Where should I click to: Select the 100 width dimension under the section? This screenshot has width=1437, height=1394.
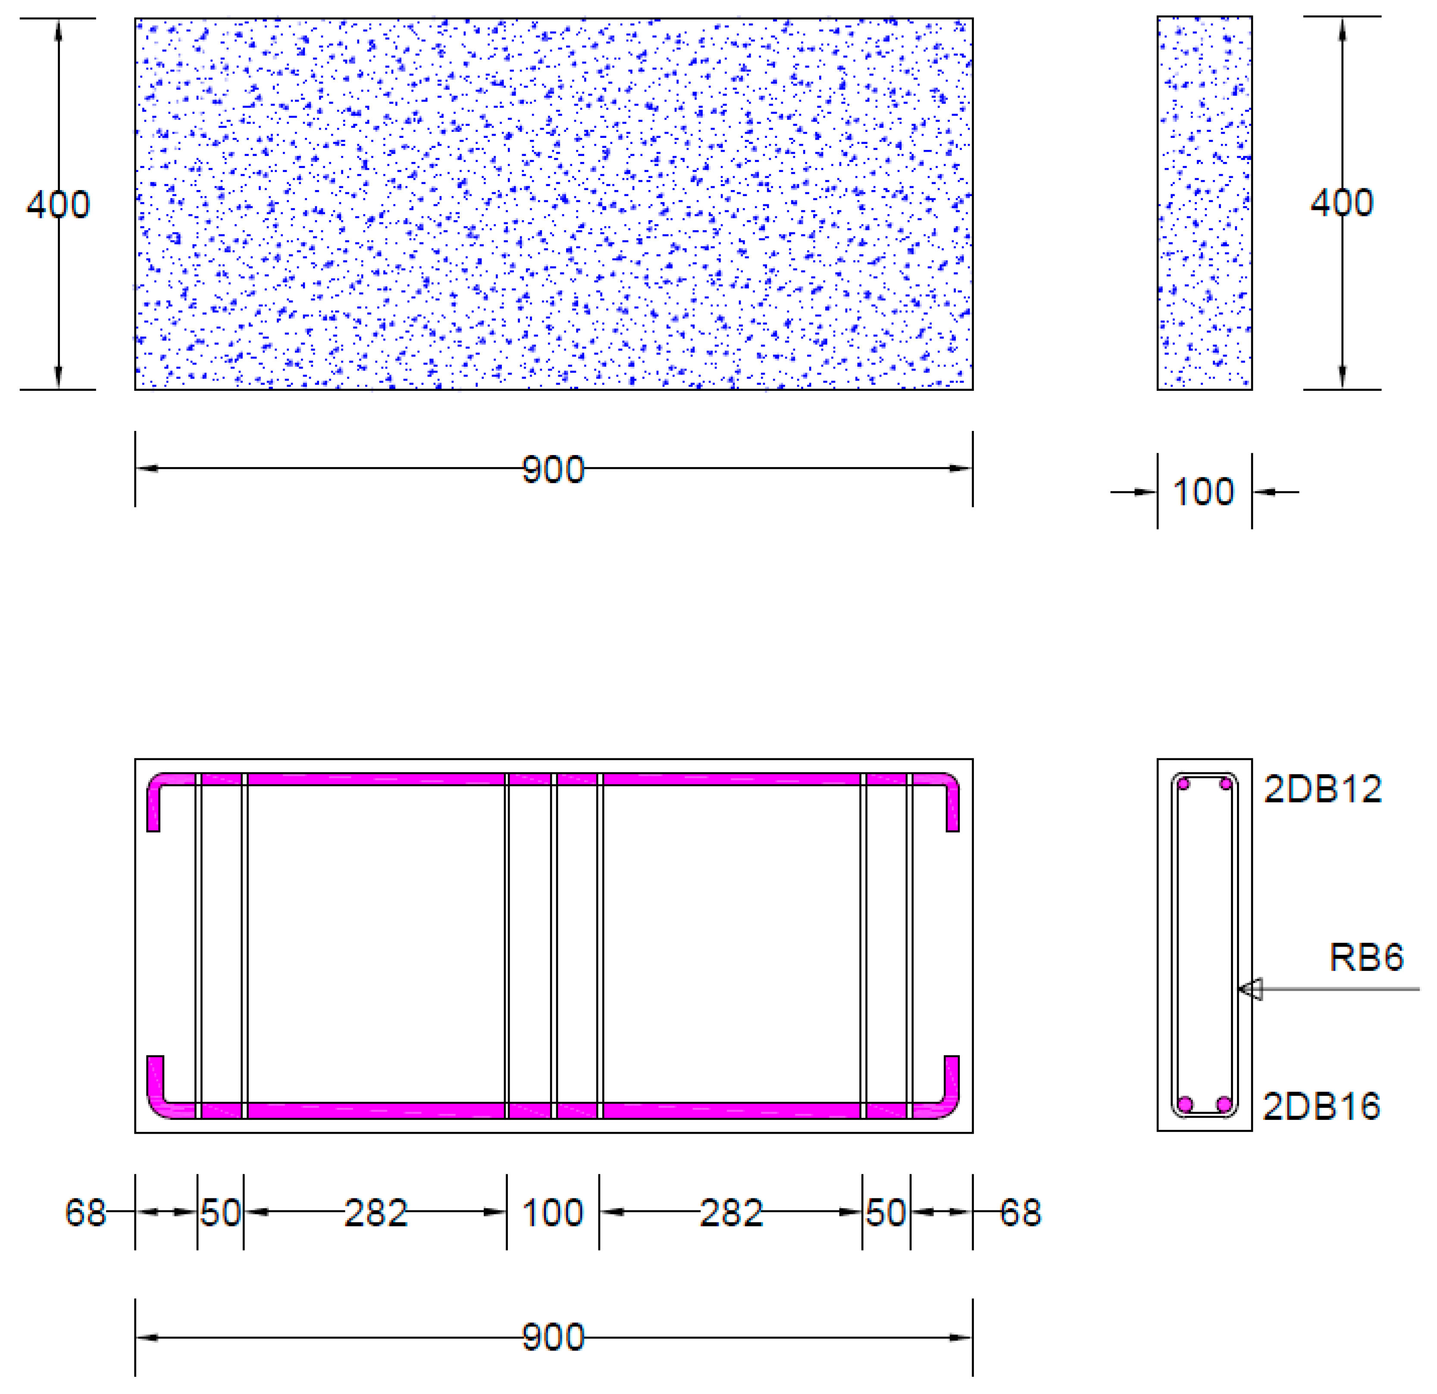(1203, 492)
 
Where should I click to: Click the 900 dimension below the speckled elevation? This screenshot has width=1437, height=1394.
(553, 470)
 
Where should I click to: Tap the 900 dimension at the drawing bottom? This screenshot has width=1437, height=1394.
(553, 1338)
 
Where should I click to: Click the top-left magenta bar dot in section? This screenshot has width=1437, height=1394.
(1183, 784)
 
